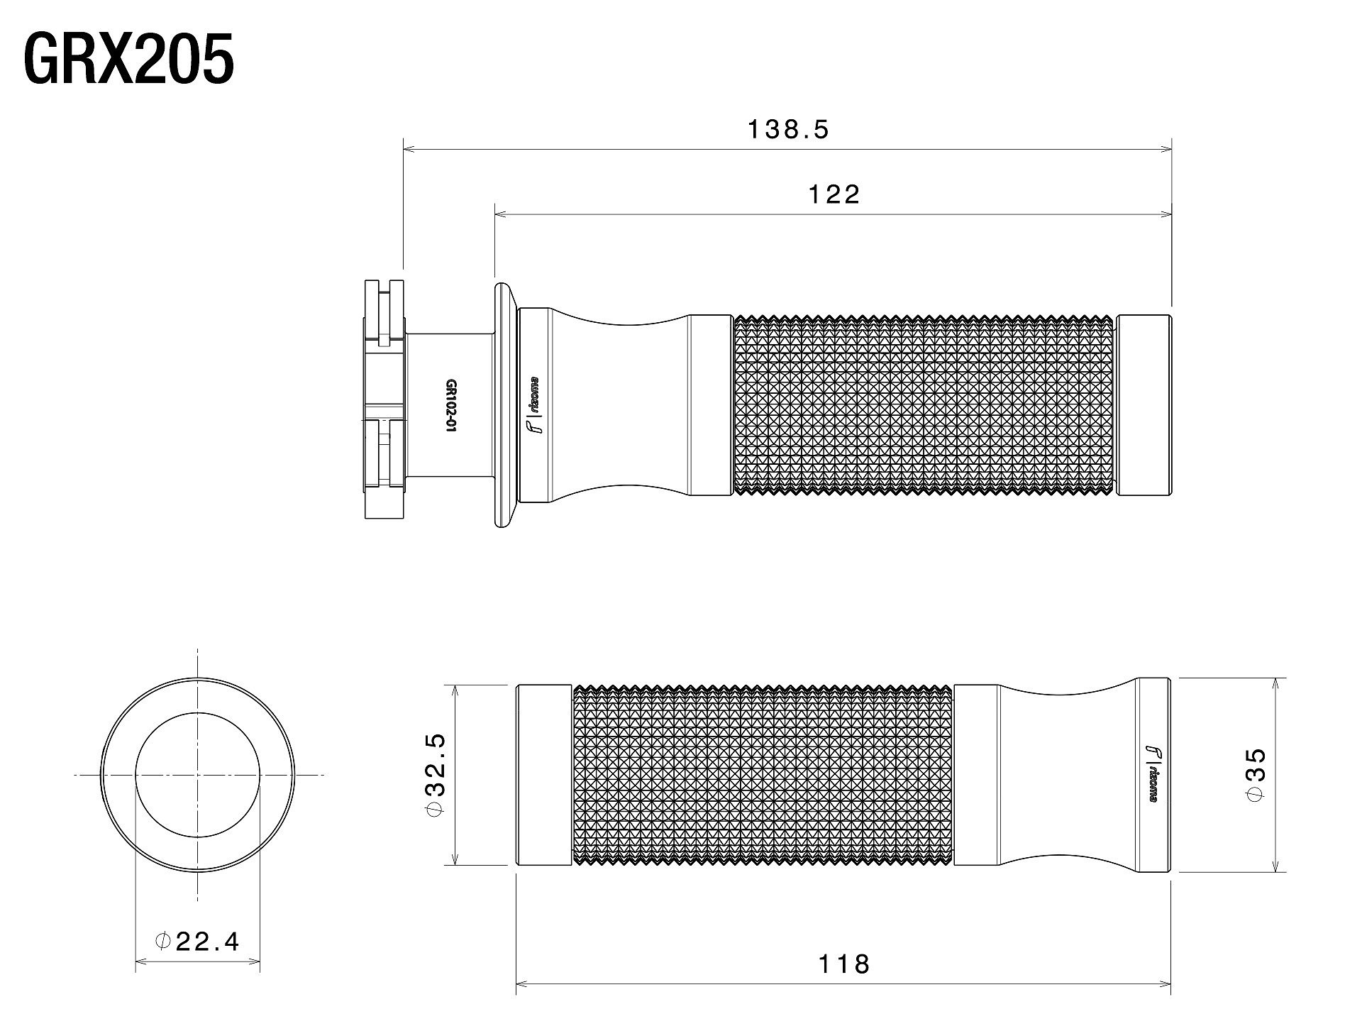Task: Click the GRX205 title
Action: tap(129, 60)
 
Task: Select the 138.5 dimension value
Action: tap(788, 129)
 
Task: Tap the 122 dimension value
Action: tap(834, 194)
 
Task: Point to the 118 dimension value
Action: tap(843, 964)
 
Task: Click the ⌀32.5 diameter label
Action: tap(436, 775)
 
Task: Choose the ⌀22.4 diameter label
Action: tap(197, 942)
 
